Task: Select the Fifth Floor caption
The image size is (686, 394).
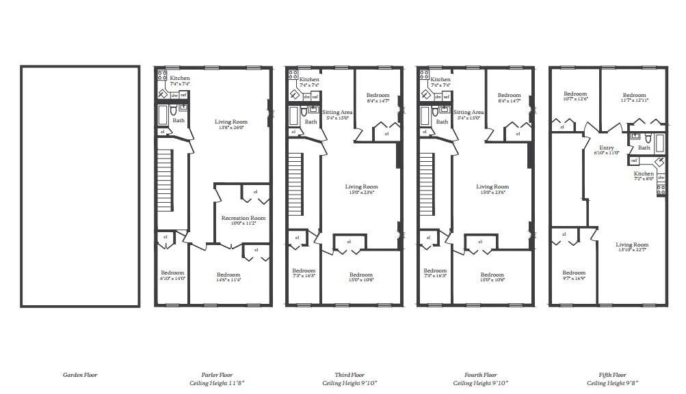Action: [x=611, y=375]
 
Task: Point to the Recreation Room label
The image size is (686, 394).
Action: [x=243, y=218]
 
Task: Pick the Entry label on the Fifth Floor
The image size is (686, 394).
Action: [x=607, y=147]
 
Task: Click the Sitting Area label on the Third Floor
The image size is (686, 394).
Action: [x=337, y=112]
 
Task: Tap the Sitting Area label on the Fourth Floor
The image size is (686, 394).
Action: [x=469, y=112]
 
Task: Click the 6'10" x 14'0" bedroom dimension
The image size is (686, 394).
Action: [x=172, y=278]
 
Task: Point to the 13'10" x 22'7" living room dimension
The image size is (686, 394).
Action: [x=631, y=250]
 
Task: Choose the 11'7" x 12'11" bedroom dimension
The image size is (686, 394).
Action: [x=634, y=100]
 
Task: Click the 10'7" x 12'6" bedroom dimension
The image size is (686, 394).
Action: [x=575, y=100]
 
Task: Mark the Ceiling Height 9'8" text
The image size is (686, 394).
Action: [x=611, y=383]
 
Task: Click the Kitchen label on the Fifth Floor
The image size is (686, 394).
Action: [x=644, y=173]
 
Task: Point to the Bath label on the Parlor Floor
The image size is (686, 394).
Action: [x=179, y=121]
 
